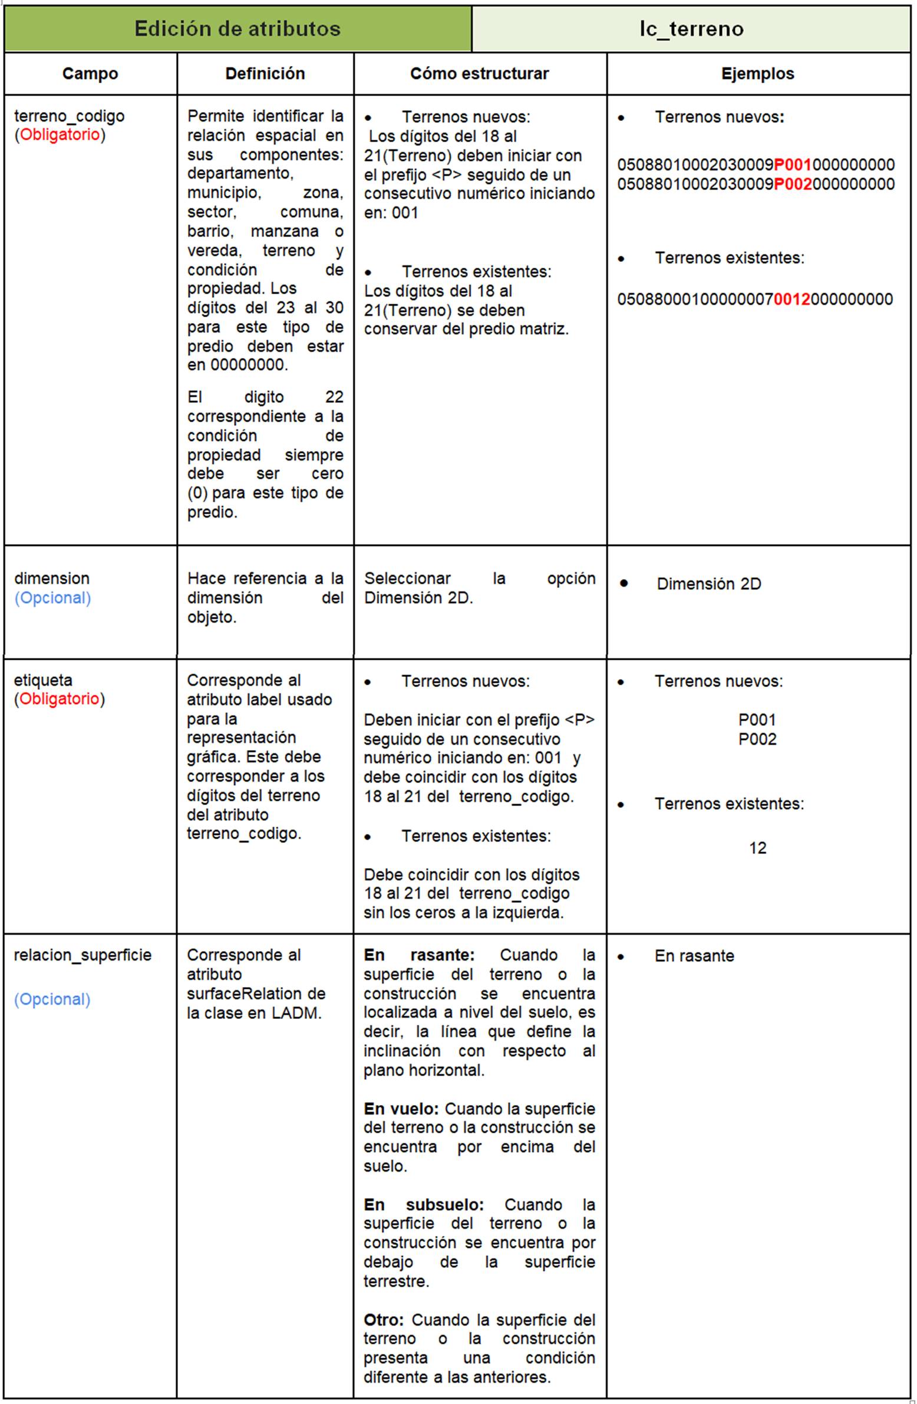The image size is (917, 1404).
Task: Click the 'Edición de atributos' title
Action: click(237, 28)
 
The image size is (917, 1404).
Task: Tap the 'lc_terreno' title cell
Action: click(691, 28)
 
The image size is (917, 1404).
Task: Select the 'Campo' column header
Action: click(90, 74)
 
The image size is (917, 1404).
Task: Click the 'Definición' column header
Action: click(265, 74)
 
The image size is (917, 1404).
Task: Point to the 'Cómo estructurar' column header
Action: click(480, 74)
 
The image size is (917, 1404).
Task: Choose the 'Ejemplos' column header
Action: click(758, 74)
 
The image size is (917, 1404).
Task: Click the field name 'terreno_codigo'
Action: click(69, 116)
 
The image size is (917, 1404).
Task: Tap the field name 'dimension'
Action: click(52, 578)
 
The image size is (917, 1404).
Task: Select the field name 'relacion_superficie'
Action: click(83, 955)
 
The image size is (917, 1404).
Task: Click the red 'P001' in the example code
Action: click(793, 165)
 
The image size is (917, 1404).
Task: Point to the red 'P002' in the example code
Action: click(793, 184)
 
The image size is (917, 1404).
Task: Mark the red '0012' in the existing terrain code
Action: click(791, 299)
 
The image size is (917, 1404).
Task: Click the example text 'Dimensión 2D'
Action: click(709, 584)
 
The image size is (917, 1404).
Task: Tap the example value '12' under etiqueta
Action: click(757, 849)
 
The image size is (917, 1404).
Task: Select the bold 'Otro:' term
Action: click(383, 1320)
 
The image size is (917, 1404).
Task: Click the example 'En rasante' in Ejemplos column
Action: click(694, 956)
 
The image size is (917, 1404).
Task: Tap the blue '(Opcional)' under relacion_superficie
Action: click(52, 999)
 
